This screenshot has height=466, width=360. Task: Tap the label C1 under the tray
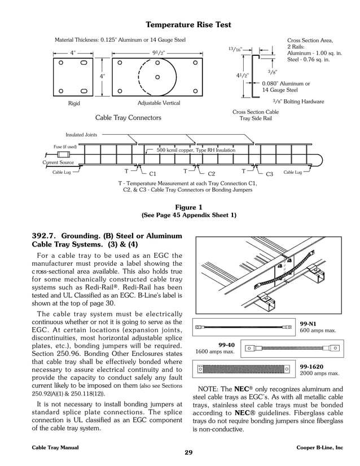pyautogui.click(x=152, y=174)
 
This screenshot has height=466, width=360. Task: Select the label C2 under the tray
pyautogui.click(x=212, y=174)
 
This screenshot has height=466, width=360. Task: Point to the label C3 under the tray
pyautogui.click(x=269, y=174)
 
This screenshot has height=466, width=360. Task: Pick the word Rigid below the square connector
pyautogui.click(x=74, y=103)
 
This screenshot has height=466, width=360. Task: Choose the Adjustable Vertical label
pyautogui.click(x=159, y=103)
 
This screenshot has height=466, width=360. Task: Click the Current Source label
pyautogui.click(x=58, y=162)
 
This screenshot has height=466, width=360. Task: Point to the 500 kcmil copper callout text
pyautogui.click(x=196, y=150)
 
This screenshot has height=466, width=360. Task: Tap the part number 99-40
pyautogui.click(x=226, y=344)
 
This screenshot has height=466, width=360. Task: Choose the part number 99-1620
pyautogui.click(x=312, y=366)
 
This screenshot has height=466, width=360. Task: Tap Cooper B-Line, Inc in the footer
pyautogui.click(x=319, y=447)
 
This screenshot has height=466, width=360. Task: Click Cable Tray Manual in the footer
pyautogui.click(x=55, y=447)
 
